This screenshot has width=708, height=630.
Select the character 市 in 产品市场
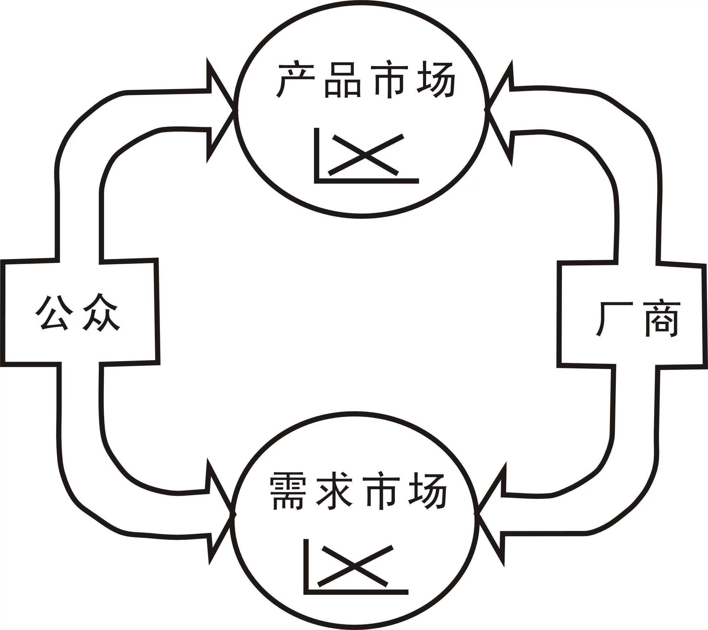pyautogui.click(x=390, y=79)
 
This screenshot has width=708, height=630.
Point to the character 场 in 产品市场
pyautogui.click(x=436, y=80)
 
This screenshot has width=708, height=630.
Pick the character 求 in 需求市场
pyautogui.click(x=334, y=491)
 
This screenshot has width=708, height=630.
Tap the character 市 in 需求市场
pyautogui.click(x=381, y=491)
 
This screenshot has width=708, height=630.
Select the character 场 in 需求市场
pyautogui.click(x=427, y=491)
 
